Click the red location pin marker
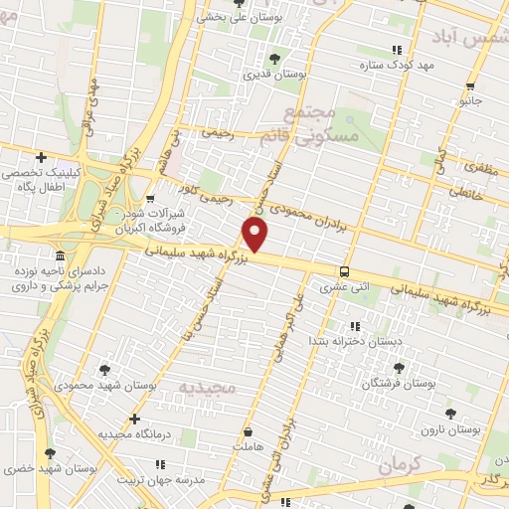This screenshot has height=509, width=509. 255,235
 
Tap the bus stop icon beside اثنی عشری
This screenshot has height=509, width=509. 344,271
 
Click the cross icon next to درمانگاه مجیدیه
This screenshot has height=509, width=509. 134,420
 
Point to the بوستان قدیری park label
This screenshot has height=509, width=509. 274,74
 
